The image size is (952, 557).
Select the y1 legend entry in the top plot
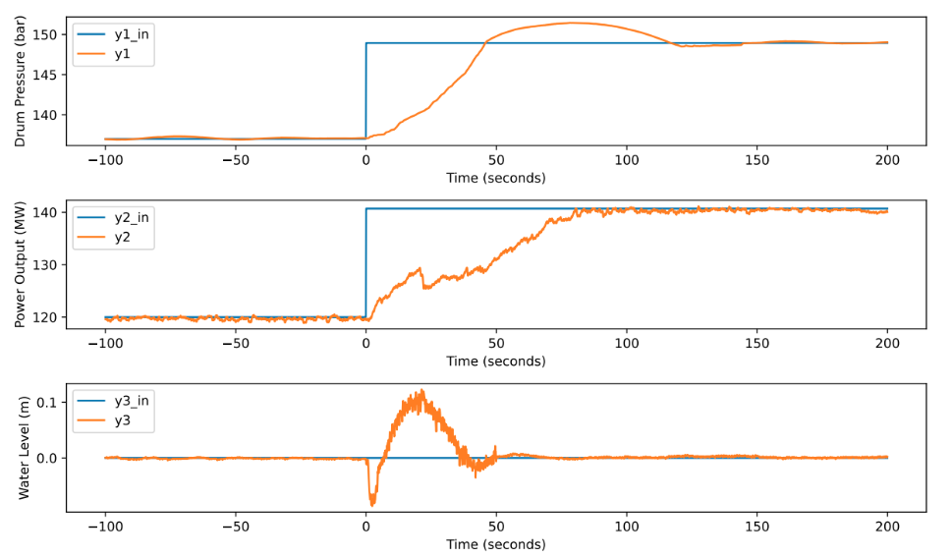pyautogui.click(x=122, y=54)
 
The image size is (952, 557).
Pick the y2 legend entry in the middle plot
pyautogui.click(x=122, y=238)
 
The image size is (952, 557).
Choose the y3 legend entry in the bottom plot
pyautogui.click(x=122, y=421)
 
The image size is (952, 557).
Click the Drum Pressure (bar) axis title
pyautogui.click(x=21, y=82)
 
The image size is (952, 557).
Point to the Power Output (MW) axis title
pyautogui.click(x=21, y=265)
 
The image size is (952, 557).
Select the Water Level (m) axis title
pyautogui.click(x=21, y=448)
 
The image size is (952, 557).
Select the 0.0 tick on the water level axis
pyautogui.click(x=47, y=458)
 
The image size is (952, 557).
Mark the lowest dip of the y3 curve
pyautogui.click(x=371, y=504)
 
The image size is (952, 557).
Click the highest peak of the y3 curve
pyautogui.click(x=421, y=391)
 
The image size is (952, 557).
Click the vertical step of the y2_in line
pyautogui.click(x=366, y=263)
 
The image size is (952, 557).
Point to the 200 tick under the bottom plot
pyautogui.click(x=887, y=528)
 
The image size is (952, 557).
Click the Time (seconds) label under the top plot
pyautogui.click(x=496, y=178)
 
